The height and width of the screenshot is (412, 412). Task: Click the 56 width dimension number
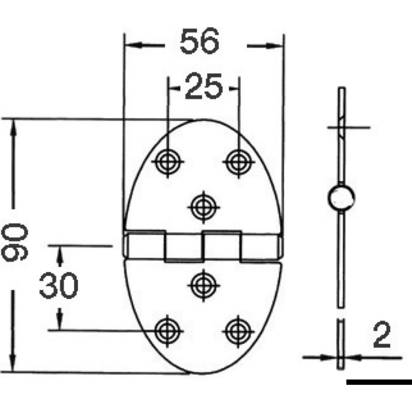pos(199,42)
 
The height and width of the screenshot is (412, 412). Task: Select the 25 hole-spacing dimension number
pos(204,87)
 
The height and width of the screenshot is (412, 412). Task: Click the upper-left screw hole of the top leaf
pos(167,161)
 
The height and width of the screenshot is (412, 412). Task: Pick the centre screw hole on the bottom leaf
pos(203,283)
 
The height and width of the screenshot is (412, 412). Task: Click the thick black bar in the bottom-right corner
pos(379,382)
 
